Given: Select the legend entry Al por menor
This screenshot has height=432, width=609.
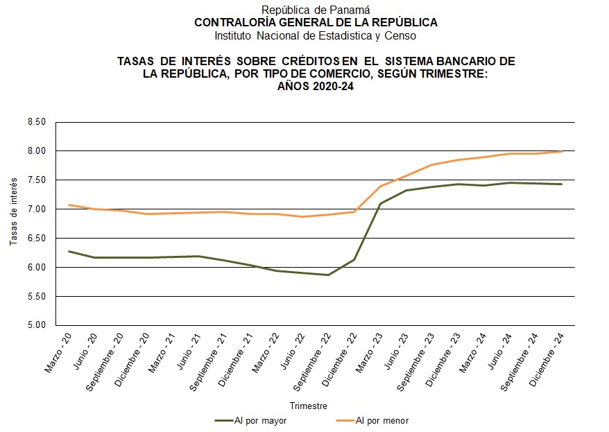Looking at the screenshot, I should point(379,420).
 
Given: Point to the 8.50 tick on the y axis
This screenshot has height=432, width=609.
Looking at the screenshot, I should point(36,122).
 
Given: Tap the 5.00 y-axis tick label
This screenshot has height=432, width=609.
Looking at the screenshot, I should point(36,325).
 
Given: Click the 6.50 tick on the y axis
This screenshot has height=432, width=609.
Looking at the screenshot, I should point(36,238).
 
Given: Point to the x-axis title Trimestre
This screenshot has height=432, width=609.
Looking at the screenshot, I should point(309,406).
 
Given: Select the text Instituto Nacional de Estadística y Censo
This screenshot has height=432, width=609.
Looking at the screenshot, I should point(316,35).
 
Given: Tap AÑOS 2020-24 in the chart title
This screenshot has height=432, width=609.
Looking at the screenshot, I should point(316,86).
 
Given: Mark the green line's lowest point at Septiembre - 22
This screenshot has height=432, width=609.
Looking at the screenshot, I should point(328,275).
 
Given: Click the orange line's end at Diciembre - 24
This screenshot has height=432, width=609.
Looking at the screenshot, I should point(561,151).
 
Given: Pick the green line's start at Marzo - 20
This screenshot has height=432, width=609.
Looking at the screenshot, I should point(69,251).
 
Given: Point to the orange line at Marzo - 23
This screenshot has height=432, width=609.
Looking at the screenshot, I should point(380,186).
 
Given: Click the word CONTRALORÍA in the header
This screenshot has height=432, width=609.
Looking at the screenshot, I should point(232,22).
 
